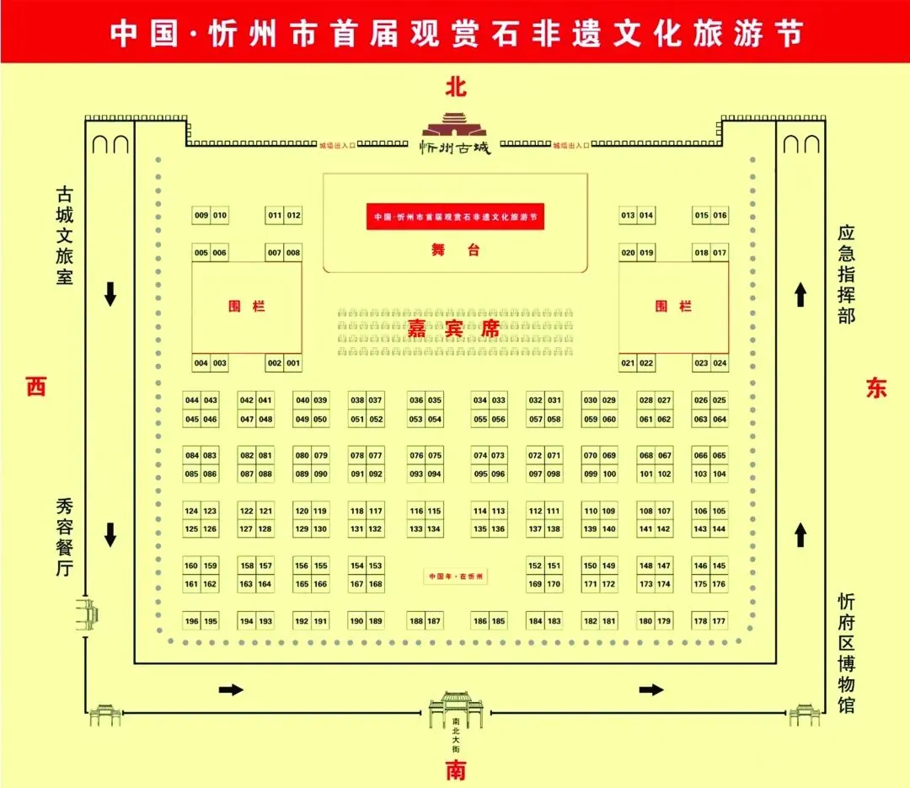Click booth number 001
coord(293,363)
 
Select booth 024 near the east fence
coord(720,363)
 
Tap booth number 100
coord(609,474)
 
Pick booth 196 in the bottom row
coord(192,622)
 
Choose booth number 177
coord(719,622)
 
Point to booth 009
coord(201,216)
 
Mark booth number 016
coord(720,216)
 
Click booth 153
coord(376,566)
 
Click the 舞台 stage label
coord(455,249)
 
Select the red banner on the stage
coord(455,217)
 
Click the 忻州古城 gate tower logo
coord(455,135)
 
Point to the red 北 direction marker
coord(456,87)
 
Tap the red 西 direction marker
coord(35,387)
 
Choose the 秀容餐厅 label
coord(65,537)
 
